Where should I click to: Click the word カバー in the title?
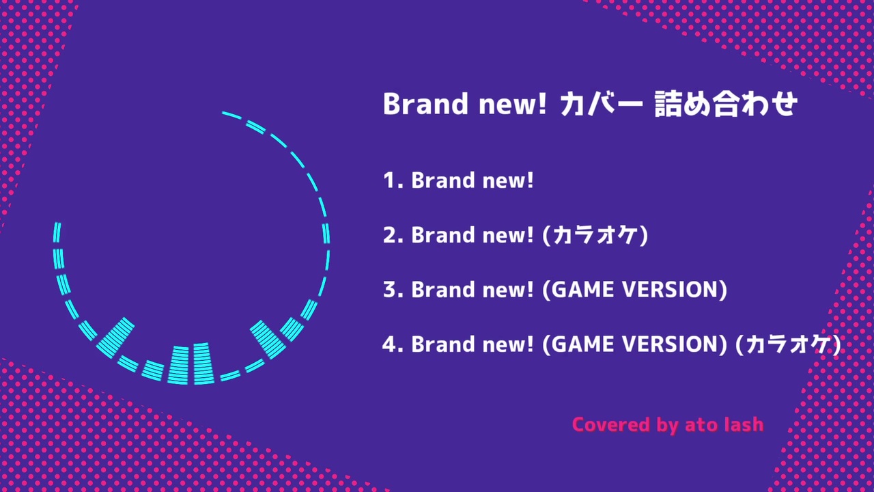(x=602, y=105)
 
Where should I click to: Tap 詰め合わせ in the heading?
(x=726, y=104)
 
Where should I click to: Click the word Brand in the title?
(x=425, y=104)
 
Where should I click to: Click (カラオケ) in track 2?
(x=595, y=236)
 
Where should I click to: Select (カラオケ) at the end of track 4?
(x=788, y=345)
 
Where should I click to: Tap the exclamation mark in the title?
(x=541, y=104)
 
